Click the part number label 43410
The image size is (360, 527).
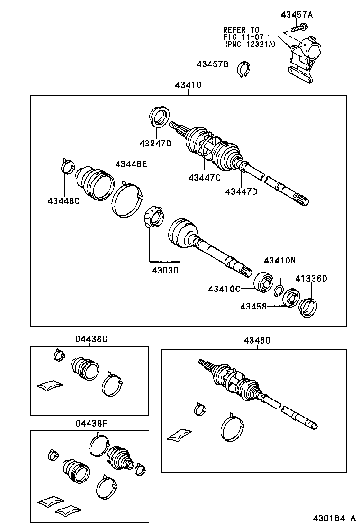[x=188, y=86]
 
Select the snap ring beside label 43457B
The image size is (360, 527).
[x=243, y=69]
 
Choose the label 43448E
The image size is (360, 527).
[x=131, y=164]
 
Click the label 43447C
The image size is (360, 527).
[x=204, y=178]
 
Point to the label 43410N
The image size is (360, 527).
[x=279, y=260]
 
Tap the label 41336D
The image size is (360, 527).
[x=311, y=278]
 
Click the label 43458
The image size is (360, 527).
[x=253, y=307]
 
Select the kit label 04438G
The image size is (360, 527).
[x=91, y=339]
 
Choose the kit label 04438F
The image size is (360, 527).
[x=91, y=423]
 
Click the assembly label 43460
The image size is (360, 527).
[x=257, y=341]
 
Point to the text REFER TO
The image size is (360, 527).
[x=241, y=29]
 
